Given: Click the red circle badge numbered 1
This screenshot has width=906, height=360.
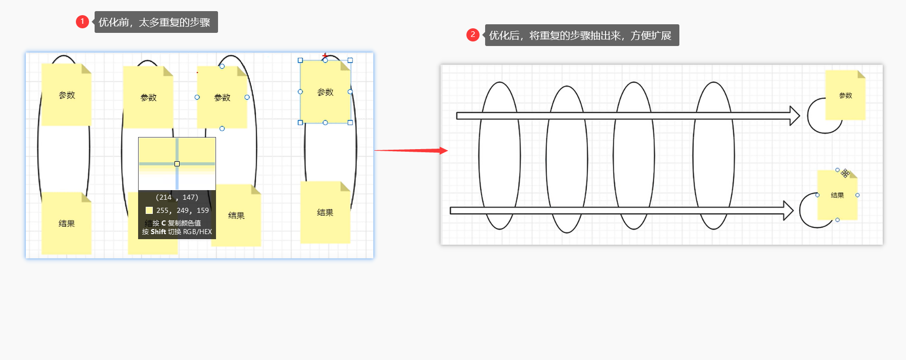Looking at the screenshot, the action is [x=82, y=22].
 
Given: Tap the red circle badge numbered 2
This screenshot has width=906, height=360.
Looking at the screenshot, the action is [x=473, y=35].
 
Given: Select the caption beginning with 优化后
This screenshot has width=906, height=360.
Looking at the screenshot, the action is [x=581, y=35].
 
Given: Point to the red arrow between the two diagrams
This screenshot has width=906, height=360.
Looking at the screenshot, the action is [x=411, y=150].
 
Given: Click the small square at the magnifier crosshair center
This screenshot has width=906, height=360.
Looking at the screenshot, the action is [x=177, y=164].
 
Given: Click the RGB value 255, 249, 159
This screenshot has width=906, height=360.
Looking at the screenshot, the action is [x=182, y=210].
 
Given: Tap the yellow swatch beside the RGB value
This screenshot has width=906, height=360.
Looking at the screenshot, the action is [x=149, y=210].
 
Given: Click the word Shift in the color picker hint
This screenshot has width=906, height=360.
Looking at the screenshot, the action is [x=158, y=232].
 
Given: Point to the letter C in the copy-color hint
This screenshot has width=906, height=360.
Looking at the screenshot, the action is [x=163, y=223].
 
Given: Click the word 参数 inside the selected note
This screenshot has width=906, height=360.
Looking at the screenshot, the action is [x=325, y=93].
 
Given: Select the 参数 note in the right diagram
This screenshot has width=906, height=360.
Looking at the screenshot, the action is [x=845, y=96].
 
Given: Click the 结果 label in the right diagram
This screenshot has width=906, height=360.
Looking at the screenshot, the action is [x=837, y=195].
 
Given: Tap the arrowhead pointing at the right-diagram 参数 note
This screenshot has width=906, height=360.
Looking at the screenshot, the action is [x=794, y=116].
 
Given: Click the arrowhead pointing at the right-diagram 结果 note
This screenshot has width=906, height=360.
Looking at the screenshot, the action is [x=788, y=210].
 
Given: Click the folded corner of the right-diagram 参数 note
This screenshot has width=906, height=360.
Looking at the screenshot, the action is [x=861, y=74].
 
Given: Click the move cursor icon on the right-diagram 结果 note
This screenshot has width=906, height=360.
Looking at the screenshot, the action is [x=845, y=173].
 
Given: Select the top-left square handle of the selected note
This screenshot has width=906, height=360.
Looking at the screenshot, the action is [x=300, y=60].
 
